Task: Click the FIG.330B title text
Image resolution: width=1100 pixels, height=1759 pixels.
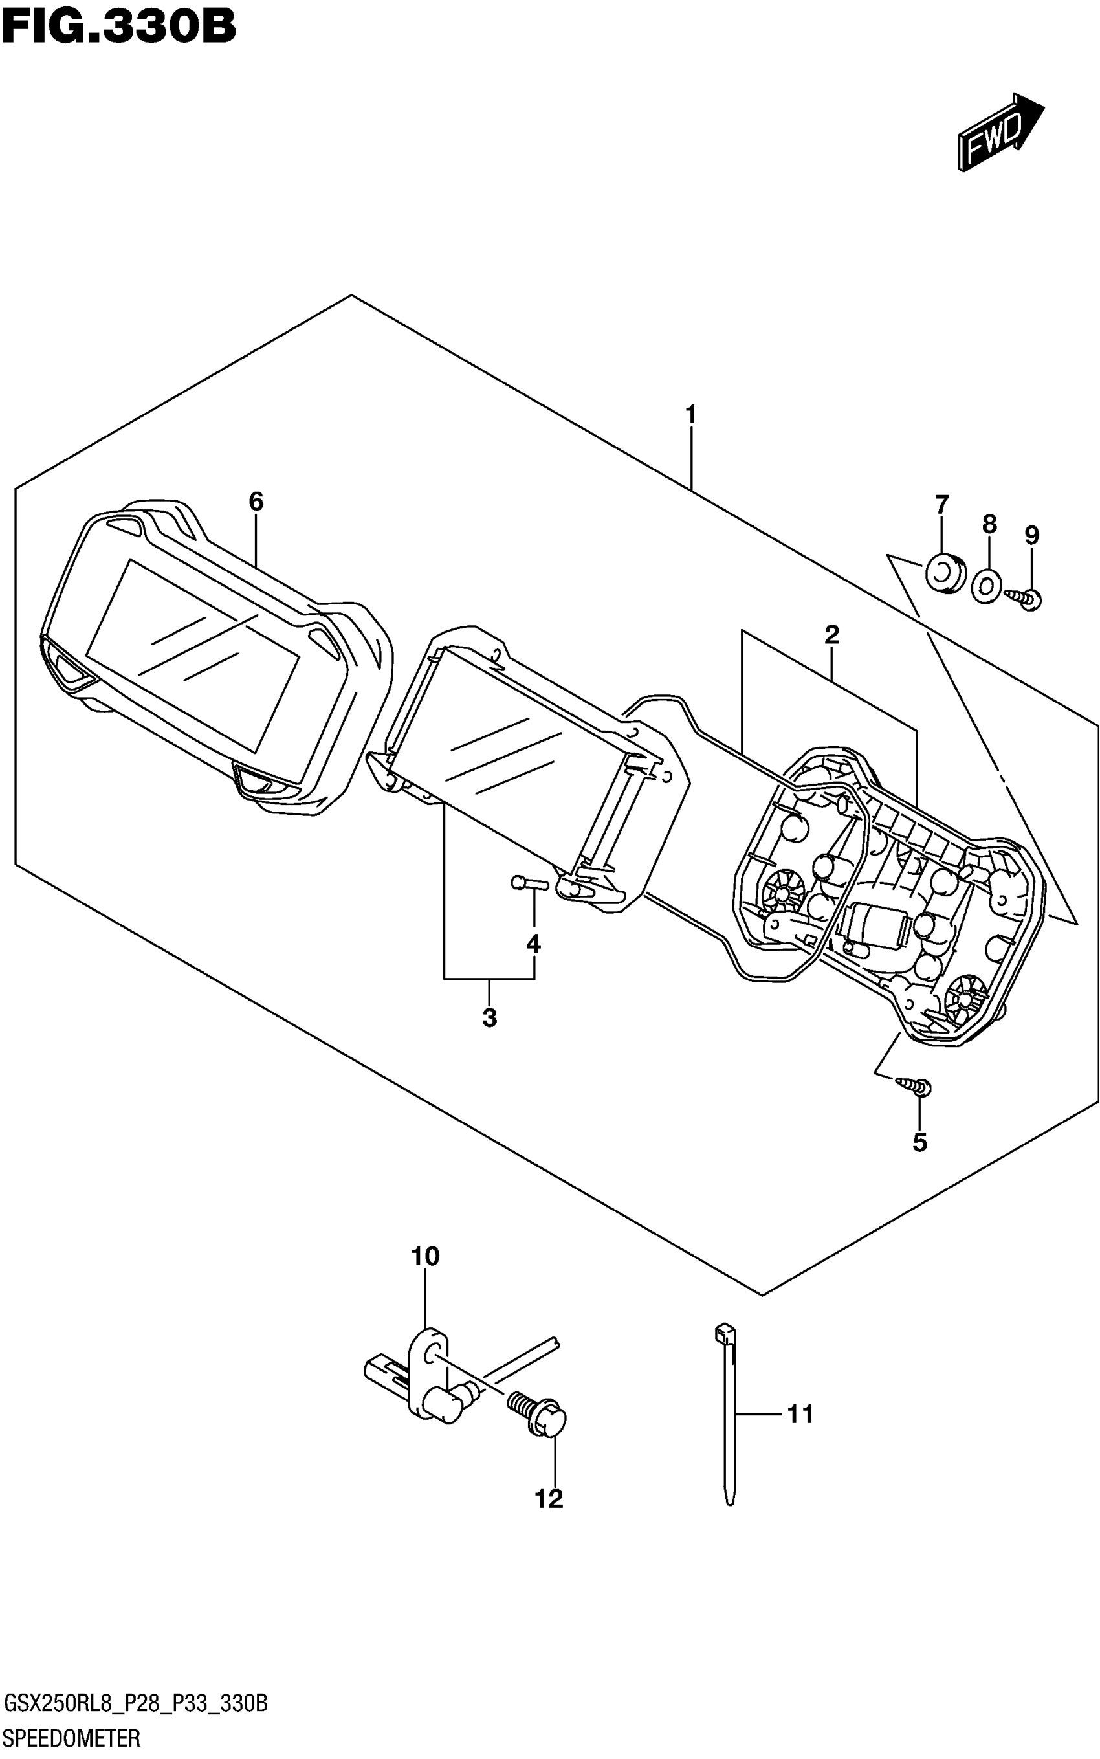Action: coord(118,28)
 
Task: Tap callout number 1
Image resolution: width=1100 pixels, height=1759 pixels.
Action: coord(690,415)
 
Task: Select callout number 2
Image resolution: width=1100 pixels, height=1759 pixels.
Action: coord(831,635)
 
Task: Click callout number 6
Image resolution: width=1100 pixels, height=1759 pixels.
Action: coord(256,501)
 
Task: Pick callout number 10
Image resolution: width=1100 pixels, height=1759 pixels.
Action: coord(426,1256)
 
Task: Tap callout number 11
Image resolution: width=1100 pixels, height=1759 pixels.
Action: coord(800,1415)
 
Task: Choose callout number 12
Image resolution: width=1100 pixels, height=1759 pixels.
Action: coord(549,1499)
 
